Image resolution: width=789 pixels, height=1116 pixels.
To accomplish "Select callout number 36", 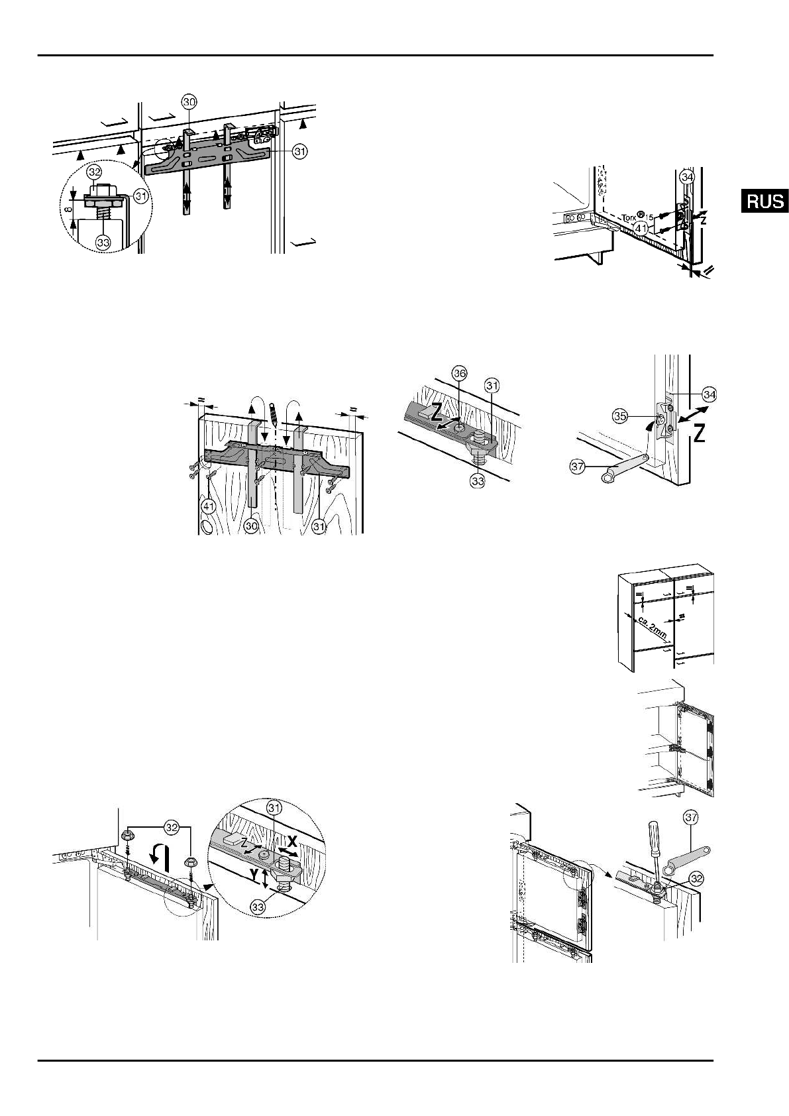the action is pos(460,374).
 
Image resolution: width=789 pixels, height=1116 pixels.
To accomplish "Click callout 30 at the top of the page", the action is pos(189,103).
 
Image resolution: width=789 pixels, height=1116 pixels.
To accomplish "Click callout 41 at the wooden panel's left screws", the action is pos(209,508).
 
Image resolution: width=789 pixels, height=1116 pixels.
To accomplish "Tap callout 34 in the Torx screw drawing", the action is pos(688,177).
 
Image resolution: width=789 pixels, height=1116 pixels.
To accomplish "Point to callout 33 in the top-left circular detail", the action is pos(103,243).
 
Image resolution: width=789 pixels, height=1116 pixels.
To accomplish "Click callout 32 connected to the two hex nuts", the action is pos(171,828).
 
